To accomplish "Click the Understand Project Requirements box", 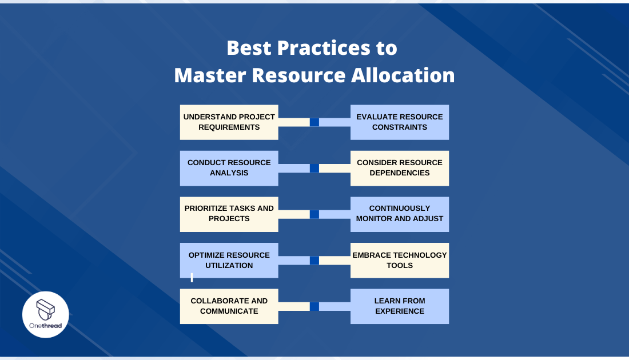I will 229,122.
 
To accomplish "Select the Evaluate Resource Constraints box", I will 400,122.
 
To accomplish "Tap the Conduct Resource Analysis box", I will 229,168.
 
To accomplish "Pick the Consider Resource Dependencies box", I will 400,168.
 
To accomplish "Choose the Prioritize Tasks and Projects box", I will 229,214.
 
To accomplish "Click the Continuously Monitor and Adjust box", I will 400,214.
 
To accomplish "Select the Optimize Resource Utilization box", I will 229,261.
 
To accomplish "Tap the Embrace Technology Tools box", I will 400,261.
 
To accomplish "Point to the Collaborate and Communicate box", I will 229,306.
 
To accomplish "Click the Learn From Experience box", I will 400,306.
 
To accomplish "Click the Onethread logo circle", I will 46,315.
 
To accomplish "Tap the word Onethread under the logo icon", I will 46,325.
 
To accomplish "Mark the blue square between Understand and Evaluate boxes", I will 314,122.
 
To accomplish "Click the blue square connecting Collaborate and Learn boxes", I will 314,306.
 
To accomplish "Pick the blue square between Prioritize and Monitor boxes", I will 314,214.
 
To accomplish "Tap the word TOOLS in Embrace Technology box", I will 400,266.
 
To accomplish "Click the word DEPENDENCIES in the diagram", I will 400,173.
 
